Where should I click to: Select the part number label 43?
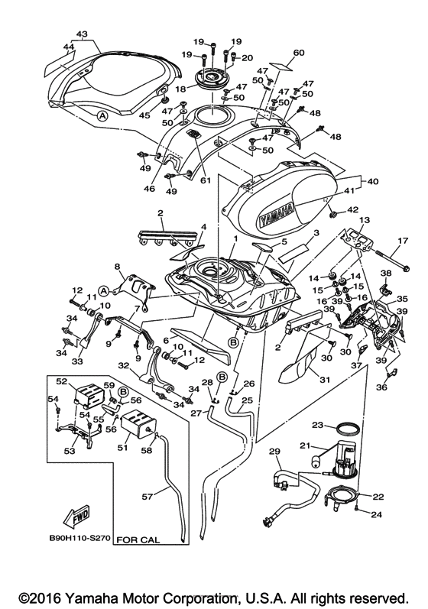pos(82,34)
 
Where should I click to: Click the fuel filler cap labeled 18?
pos(212,79)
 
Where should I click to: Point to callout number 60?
pos(299,53)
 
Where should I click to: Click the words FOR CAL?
pos(138,540)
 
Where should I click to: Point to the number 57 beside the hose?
pos(148,496)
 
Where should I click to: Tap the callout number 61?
pos(206,180)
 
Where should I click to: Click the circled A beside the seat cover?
pos(102,115)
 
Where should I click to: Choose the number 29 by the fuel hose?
pos(274,452)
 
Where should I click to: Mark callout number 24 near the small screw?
pos(376,514)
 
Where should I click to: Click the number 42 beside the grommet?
pos(353,210)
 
